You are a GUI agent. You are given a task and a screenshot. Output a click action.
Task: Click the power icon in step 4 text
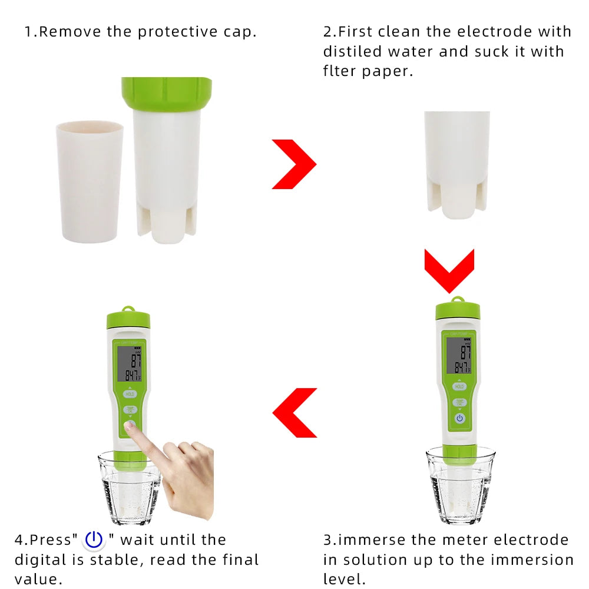coord(94,540)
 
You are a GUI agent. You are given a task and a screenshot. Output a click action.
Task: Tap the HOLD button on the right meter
coord(459,386)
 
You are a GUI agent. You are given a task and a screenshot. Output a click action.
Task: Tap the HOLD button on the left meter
coord(130,393)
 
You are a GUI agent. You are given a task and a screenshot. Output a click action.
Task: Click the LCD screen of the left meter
coord(129,363)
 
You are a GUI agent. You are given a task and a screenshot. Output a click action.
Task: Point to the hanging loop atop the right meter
coord(457,300)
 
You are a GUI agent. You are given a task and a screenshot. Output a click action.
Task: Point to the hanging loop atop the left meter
coord(128,308)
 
